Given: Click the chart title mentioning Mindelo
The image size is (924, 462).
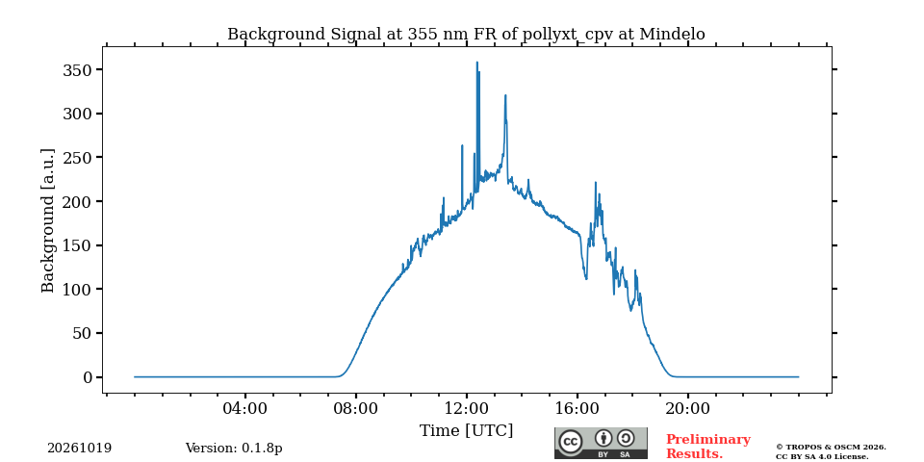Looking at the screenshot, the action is pyautogui.click(x=466, y=35).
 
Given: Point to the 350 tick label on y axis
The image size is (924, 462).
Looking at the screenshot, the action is pyautogui.click(x=75, y=70).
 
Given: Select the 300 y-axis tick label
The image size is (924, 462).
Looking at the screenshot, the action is pyautogui.click(x=75, y=114).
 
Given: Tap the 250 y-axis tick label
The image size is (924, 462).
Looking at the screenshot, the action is pyautogui.click(x=75, y=157).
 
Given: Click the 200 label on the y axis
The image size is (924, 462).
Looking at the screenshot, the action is pyautogui.click(x=75, y=201).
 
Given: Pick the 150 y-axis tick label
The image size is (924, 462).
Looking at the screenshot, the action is pyautogui.click(x=75, y=245).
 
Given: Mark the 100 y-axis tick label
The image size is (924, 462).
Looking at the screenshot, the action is pyautogui.click(x=75, y=290).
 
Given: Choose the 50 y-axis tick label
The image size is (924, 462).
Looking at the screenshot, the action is pyautogui.click(x=79, y=334).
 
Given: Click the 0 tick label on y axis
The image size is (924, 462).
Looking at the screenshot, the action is pyautogui.click(x=88, y=377).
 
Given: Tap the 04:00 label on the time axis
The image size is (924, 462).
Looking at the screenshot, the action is pyautogui.click(x=245, y=408).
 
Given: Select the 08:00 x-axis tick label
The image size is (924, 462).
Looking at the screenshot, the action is pyautogui.click(x=356, y=408).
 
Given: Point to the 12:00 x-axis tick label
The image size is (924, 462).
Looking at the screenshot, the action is pyautogui.click(x=467, y=408).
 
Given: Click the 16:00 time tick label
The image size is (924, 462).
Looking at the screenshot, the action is pyautogui.click(x=577, y=408).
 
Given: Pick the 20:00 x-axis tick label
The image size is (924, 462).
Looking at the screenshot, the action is pyautogui.click(x=687, y=408).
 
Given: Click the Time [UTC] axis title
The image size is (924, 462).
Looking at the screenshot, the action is pyautogui.click(x=466, y=431).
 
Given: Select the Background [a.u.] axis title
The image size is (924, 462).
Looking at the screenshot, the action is pyautogui.click(x=48, y=220).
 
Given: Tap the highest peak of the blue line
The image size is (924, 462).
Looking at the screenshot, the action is pyautogui.click(x=476, y=62).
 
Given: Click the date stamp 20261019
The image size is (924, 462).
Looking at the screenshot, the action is pyautogui.click(x=80, y=449).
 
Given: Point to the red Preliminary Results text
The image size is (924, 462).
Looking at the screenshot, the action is pyautogui.click(x=708, y=447).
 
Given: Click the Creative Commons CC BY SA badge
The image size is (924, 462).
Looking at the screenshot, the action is pyautogui.click(x=601, y=443).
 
